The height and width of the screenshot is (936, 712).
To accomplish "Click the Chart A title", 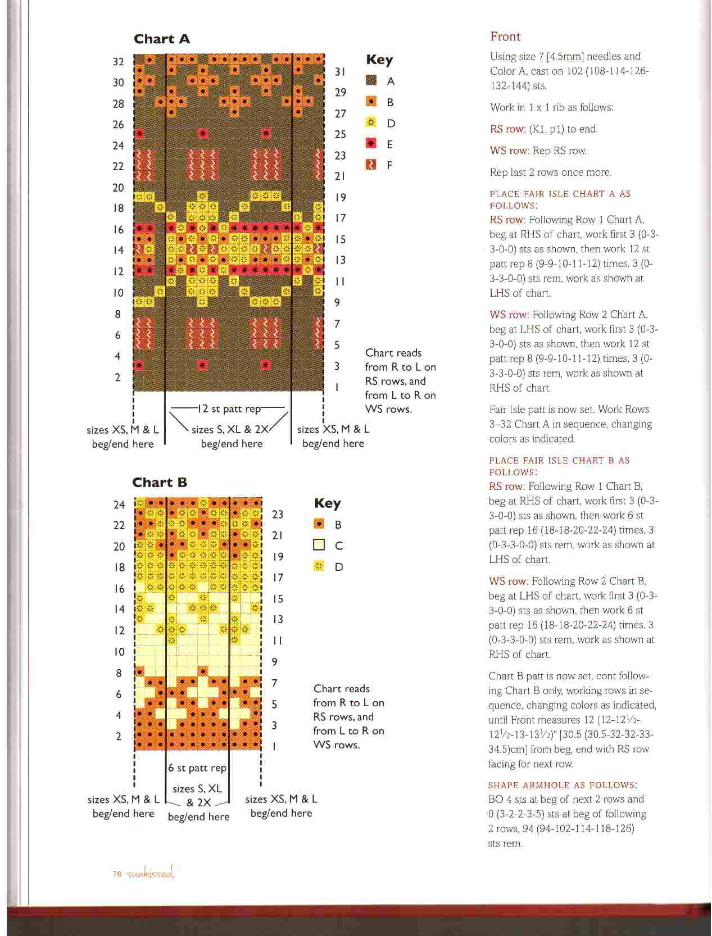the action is [x=162, y=39].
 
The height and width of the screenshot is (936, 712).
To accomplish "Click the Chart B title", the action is [x=160, y=482].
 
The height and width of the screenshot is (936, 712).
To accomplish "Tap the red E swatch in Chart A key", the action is [x=371, y=144].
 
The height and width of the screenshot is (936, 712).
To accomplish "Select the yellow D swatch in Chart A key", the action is [x=371, y=123].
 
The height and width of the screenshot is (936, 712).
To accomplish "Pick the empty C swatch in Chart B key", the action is [x=319, y=545].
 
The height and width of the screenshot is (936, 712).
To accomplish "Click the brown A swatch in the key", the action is [x=371, y=80].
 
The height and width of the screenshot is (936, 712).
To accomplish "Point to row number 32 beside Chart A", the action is [x=118, y=61].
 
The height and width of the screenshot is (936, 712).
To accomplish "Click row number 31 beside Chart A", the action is [x=340, y=72].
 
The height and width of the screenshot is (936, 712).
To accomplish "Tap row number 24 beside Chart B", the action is [x=119, y=505].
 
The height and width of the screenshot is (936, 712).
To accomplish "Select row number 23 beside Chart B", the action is [x=278, y=515].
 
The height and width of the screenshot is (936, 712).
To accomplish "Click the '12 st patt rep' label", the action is [x=229, y=408].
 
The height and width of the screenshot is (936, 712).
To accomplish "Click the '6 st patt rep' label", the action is [x=197, y=767].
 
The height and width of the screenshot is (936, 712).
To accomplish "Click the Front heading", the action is [x=505, y=37].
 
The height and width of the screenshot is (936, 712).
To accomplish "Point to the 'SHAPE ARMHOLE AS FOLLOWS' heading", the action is [x=563, y=785].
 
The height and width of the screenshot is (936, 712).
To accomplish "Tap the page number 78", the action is [x=117, y=874].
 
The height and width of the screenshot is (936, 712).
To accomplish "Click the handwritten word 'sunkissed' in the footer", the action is [x=151, y=873].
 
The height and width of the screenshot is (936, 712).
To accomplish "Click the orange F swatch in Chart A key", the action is [x=371, y=165].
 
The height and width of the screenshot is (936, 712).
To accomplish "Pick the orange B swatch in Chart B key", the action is [x=319, y=524].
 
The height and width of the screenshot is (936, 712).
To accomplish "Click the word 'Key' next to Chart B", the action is [x=328, y=503].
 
